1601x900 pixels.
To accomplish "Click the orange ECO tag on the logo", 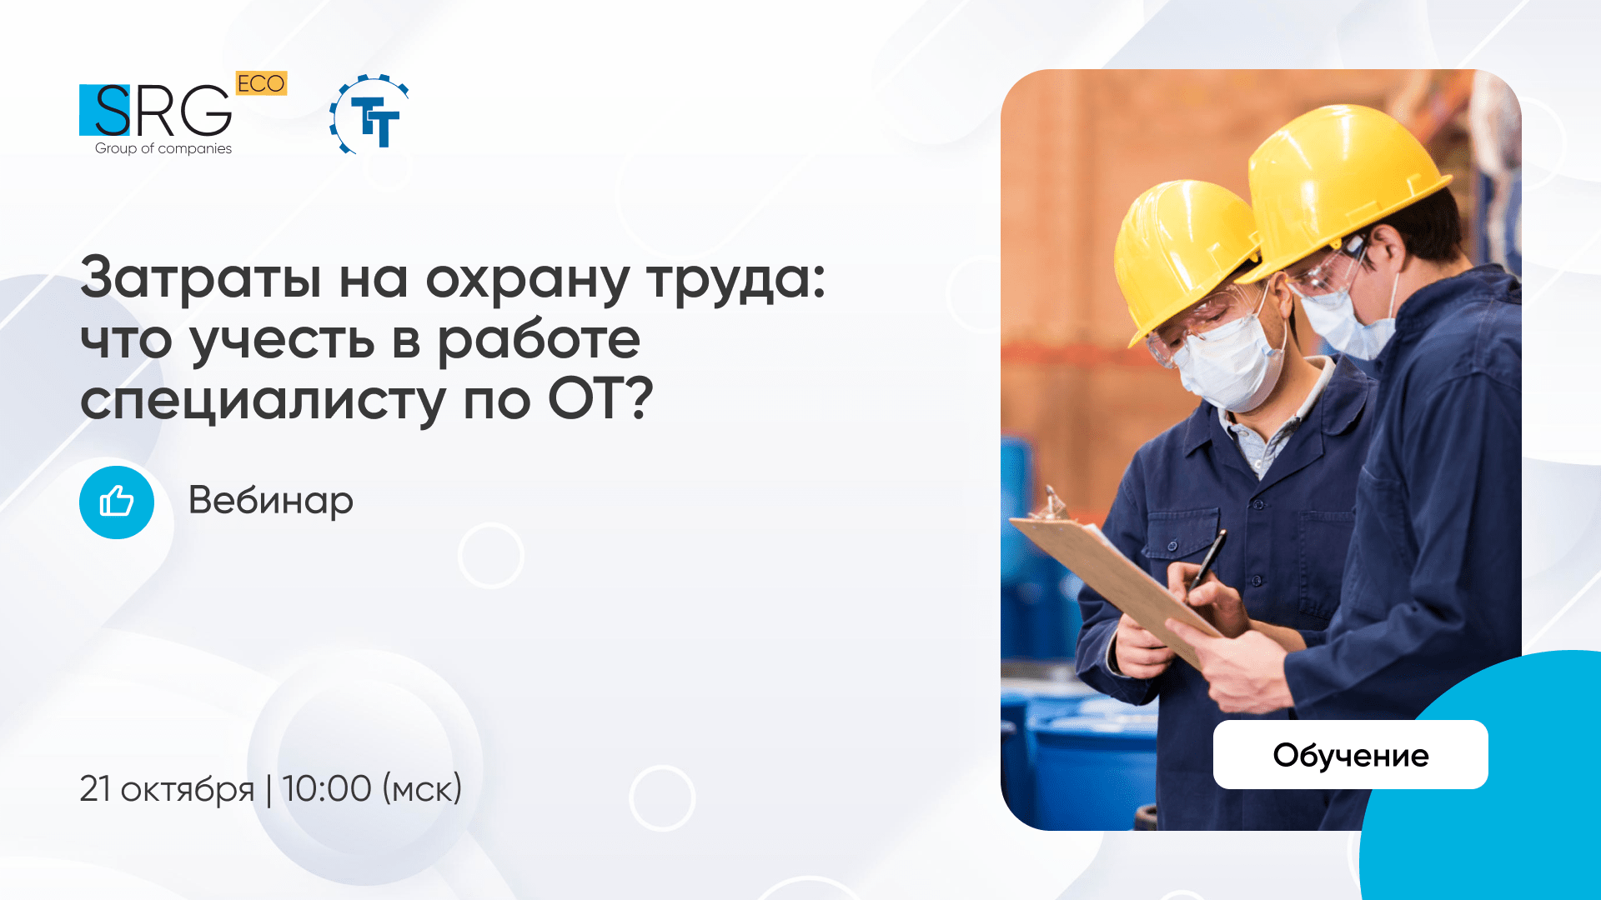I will tap(261, 83).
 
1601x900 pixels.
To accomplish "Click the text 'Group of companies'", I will tap(163, 148).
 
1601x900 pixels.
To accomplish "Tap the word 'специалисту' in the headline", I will tap(263, 401).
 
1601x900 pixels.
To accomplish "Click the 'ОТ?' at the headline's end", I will tap(600, 399).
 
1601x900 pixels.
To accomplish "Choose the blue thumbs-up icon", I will tap(117, 502).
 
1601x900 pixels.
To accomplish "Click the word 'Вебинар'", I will tap(271, 500).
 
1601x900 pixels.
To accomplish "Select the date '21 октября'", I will tap(167, 788).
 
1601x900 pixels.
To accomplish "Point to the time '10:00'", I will tap(326, 788).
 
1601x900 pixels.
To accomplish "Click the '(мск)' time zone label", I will tap(422, 788).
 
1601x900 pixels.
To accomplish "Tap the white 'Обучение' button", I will tap(1350, 754).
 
